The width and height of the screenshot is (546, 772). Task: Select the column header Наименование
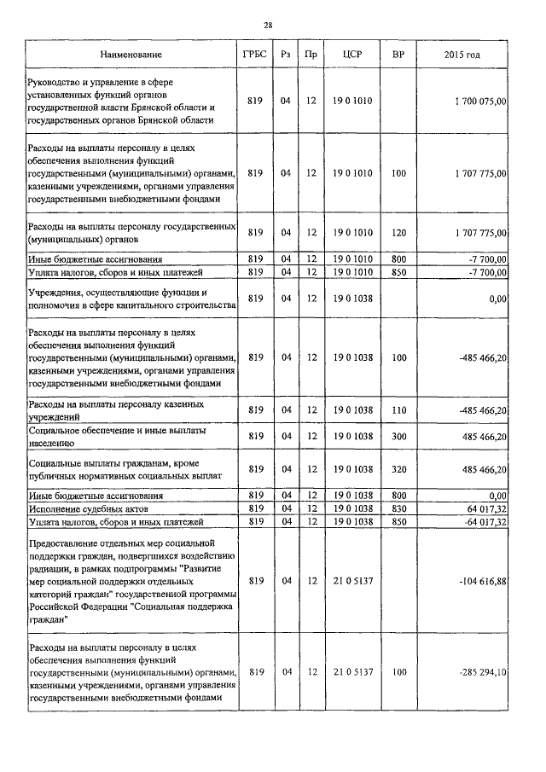(131, 55)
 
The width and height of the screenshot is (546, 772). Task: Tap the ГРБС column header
(253, 55)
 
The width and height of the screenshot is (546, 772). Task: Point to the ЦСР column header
(352, 55)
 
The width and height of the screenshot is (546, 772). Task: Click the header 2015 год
(462, 55)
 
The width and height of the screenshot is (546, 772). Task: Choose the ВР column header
(398, 55)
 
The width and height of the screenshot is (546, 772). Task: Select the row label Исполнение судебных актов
(85, 508)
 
